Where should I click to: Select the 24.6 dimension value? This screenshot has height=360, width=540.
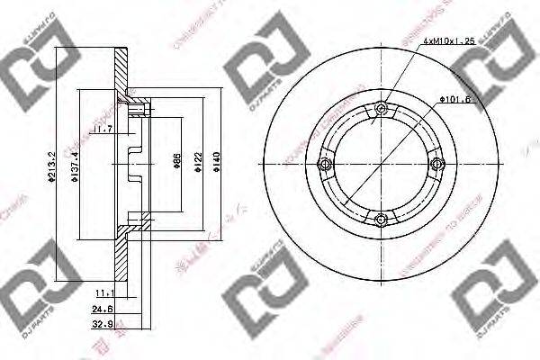(x=101, y=310)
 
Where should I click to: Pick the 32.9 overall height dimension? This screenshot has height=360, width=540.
(x=101, y=326)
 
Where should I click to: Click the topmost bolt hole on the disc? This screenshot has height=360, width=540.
(x=382, y=108)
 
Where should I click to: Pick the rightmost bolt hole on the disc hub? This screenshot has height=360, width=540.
(x=436, y=163)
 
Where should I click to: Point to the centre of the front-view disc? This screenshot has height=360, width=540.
(x=382, y=163)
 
